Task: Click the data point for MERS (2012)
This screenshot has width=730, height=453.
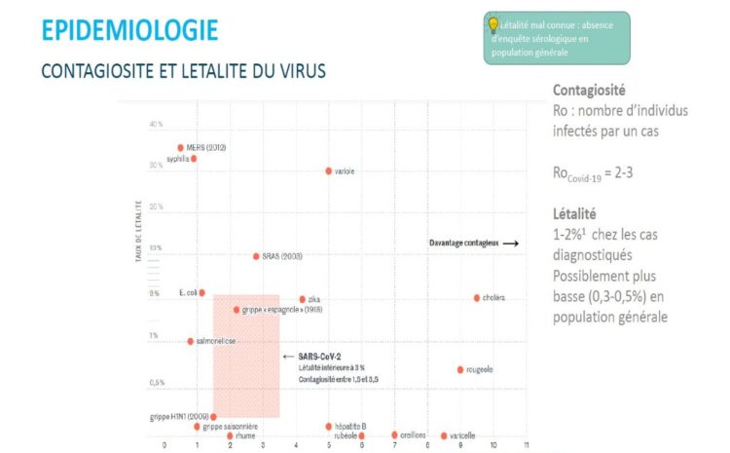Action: pyautogui.click(x=180, y=148)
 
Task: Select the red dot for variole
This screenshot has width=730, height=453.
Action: pyautogui.click(x=328, y=170)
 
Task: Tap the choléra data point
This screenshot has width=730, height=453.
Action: pyautogui.click(x=476, y=297)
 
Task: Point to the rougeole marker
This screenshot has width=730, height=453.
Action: pyautogui.click(x=460, y=369)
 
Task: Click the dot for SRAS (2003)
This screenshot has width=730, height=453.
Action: pyautogui.click(x=256, y=256)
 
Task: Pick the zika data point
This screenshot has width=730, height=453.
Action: pyautogui.click(x=303, y=299)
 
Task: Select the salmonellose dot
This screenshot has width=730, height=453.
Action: pyautogui.click(x=191, y=341)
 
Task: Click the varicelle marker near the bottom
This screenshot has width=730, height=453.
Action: pyautogui.click(x=444, y=435)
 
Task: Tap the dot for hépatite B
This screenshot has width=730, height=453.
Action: pyautogui.click(x=329, y=426)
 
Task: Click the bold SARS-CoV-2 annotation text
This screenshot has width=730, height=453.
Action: pyautogui.click(x=319, y=357)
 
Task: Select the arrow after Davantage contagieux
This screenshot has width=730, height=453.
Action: pyautogui.click(x=510, y=243)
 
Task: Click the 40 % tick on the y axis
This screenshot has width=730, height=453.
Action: pyautogui.click(x=157, y=125)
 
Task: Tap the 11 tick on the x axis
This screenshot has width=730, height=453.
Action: pyautogui.click(x=527, y=444)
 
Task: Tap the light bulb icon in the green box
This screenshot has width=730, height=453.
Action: pyautogui.click(x=493, y=24)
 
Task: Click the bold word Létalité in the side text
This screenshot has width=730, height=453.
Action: pyautogui.click(x=573, y=212)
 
